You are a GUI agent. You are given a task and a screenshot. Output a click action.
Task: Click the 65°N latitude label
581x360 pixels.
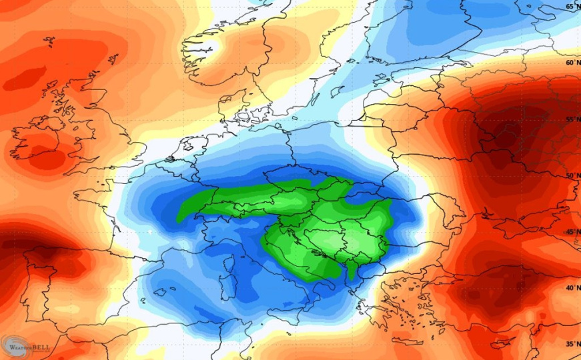coord(572,7)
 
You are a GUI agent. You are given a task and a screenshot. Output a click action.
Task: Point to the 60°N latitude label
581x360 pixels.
coord(572,63)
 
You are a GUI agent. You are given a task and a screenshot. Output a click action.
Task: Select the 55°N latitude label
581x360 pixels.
coord(572,120)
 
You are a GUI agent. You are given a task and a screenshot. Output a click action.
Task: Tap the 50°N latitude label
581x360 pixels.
coord(572,176)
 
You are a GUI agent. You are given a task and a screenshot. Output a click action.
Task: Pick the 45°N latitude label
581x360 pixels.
coord(572,232)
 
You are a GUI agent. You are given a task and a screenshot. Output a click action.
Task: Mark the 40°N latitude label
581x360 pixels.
coord(572,288)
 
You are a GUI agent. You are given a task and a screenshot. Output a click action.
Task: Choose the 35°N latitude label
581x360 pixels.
coord(572,344)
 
